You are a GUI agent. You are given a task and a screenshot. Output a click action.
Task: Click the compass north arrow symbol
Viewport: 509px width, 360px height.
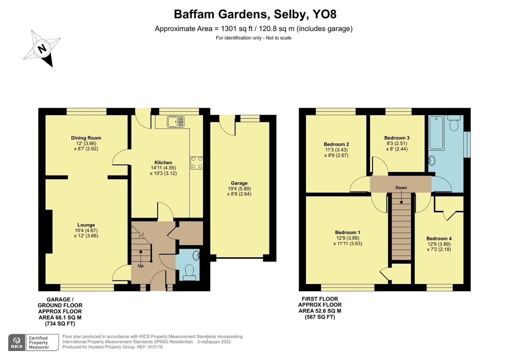42,49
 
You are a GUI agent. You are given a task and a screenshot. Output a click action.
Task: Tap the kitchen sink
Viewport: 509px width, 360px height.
176,122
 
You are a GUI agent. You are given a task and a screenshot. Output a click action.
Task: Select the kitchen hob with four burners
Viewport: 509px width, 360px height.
196,163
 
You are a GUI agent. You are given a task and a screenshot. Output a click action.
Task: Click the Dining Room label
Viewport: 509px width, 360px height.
86,138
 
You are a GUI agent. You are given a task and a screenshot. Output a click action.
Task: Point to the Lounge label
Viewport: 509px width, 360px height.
86,225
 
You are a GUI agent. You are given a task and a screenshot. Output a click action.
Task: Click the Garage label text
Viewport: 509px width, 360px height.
239,183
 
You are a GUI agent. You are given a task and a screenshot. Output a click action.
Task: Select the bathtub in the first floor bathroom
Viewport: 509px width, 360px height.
436,132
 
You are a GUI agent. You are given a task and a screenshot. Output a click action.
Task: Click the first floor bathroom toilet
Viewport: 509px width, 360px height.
454,124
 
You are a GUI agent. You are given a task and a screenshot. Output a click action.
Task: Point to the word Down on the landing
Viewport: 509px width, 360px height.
401,188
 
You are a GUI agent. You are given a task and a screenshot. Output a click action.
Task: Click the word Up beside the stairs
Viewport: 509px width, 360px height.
141,266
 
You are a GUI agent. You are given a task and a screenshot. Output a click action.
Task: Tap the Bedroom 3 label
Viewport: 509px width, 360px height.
397,138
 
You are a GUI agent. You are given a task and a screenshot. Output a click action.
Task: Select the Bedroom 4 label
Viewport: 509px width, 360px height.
439,238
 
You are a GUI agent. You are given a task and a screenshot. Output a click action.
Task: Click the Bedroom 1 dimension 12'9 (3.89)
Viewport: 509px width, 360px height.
348,238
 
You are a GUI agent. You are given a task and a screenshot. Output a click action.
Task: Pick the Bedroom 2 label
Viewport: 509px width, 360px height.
336,144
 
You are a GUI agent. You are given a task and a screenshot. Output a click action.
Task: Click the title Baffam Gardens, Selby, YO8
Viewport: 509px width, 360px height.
255,14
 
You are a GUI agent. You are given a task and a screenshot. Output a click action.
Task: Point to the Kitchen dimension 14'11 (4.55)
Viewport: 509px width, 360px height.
163,168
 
